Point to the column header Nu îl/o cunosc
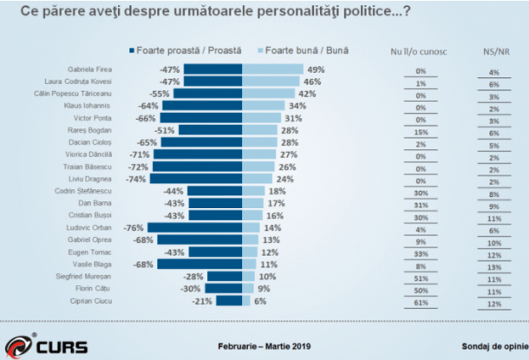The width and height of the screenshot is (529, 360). [x=422, y=51]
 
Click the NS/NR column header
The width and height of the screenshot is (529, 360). [x=493, y=51]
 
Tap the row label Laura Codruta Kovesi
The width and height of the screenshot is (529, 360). [x=91, y=81]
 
